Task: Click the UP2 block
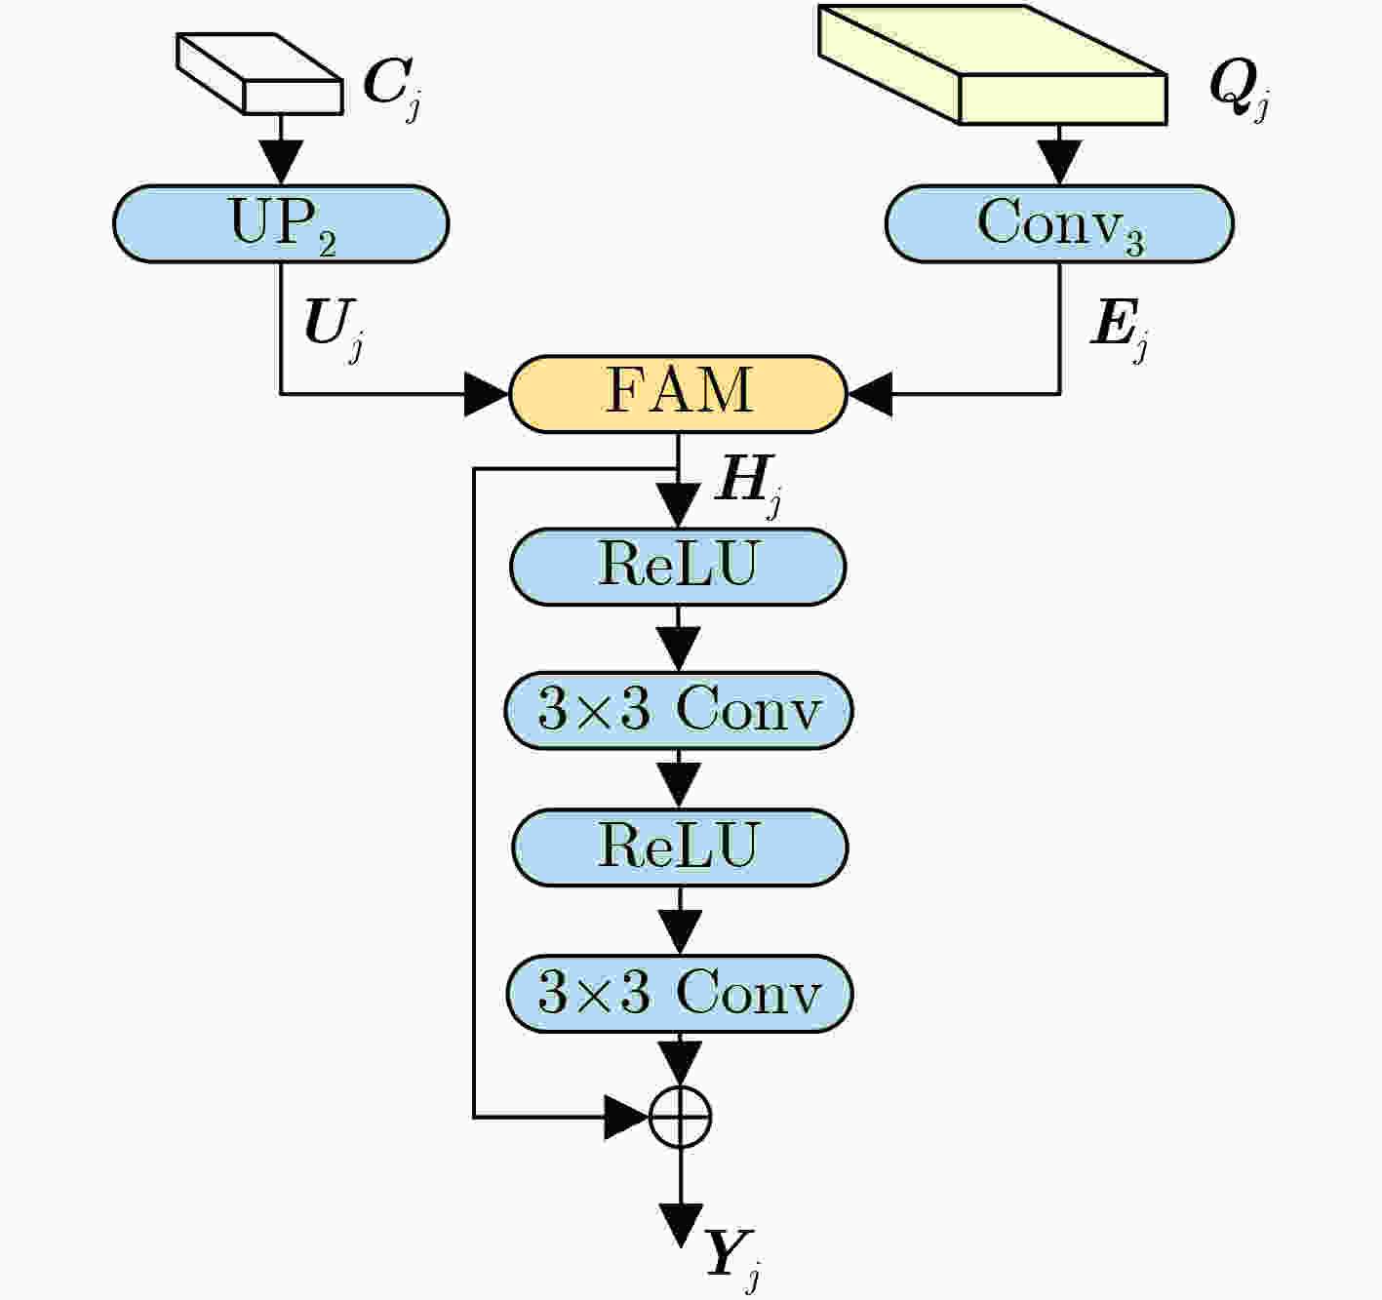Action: [x=281, y=224]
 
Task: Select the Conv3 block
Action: [x=1059, y=224]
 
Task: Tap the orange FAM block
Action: [x=679, y=394]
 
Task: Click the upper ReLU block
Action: [x=679, y=567]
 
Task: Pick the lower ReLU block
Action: [x=680, y=847]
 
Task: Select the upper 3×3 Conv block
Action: [x=679, y=711]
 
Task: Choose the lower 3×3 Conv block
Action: [x=680, y=993]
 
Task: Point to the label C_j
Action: [x=392, y=88]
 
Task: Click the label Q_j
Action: [x=1240, y=89]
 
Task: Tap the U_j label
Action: [x=334, y=329]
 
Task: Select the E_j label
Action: [x=1119, y=329]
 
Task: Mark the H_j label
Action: [x=749, y=486]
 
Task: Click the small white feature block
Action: [x=260, y=73]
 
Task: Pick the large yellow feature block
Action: [x=992, y=64]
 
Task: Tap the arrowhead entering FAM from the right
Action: [x=870, y=395]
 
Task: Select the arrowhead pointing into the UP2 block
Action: [x=281, y=163]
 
